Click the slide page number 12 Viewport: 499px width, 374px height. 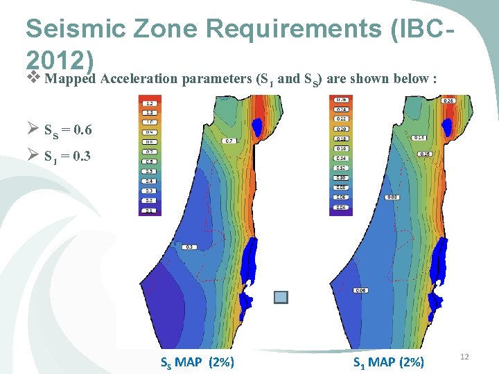click(x=465, y=356)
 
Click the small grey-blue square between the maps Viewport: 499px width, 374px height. click(x=281, y=297)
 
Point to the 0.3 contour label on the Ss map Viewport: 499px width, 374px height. click(x=189, y=247)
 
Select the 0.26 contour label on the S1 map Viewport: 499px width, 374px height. click(x=448, y=100)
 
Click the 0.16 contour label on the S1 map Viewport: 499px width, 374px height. click(x=426, y=153)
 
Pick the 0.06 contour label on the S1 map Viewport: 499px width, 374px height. click(x=360, y=290)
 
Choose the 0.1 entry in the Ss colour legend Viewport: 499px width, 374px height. click(x=149, y=210)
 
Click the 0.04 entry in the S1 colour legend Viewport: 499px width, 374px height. click(x=341, y=207)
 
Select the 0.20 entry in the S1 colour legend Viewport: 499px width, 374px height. click(x=341, y=129)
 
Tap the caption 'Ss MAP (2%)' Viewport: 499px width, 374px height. click(x=197, y=362)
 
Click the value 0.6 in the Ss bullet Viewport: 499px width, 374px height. click(x=83, y=130)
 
